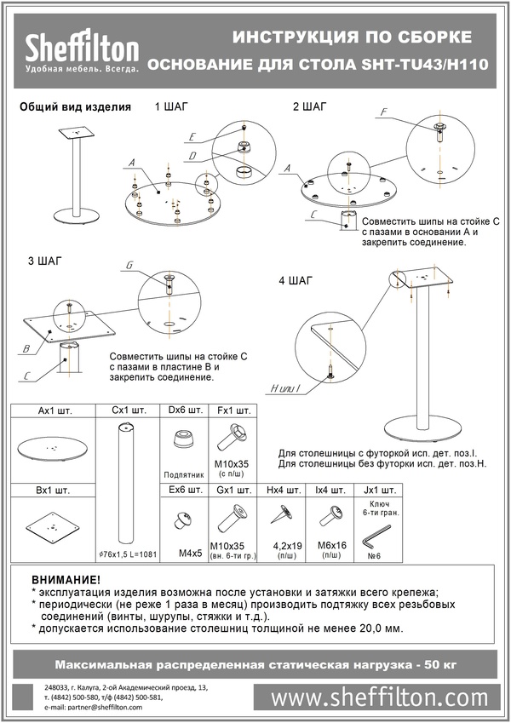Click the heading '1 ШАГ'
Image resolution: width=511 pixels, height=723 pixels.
tap(171, 107)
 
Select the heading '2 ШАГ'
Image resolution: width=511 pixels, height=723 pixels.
tap(308, 107)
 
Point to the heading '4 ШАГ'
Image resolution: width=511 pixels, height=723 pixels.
tap(296, 280)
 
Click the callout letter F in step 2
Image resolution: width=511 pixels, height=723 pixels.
tap(384, 112)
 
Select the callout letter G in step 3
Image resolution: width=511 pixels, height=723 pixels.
tap(129, 267)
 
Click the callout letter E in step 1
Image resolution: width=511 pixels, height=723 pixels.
tap(192, 136)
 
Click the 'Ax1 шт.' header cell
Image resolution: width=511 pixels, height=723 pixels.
tap(55, 410)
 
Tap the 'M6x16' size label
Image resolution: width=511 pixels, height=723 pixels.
tap(328, 546)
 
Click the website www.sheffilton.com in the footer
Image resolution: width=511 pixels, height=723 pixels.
tap(386, 698)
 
